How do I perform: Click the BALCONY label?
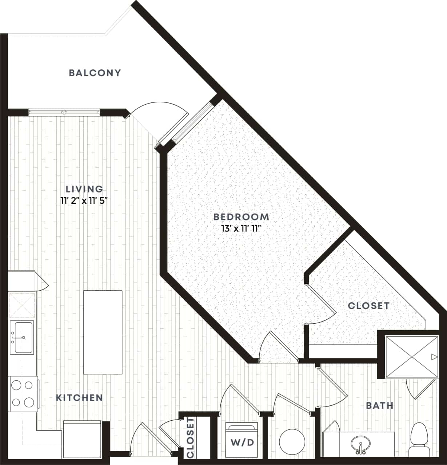95,73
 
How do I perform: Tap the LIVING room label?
84,189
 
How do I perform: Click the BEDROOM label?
241,217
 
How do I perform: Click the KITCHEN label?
79,397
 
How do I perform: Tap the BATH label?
379,405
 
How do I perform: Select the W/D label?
242,442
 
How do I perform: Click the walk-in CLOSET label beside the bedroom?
368,306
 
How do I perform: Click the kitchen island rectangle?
103,332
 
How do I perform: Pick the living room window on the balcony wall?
64,112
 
